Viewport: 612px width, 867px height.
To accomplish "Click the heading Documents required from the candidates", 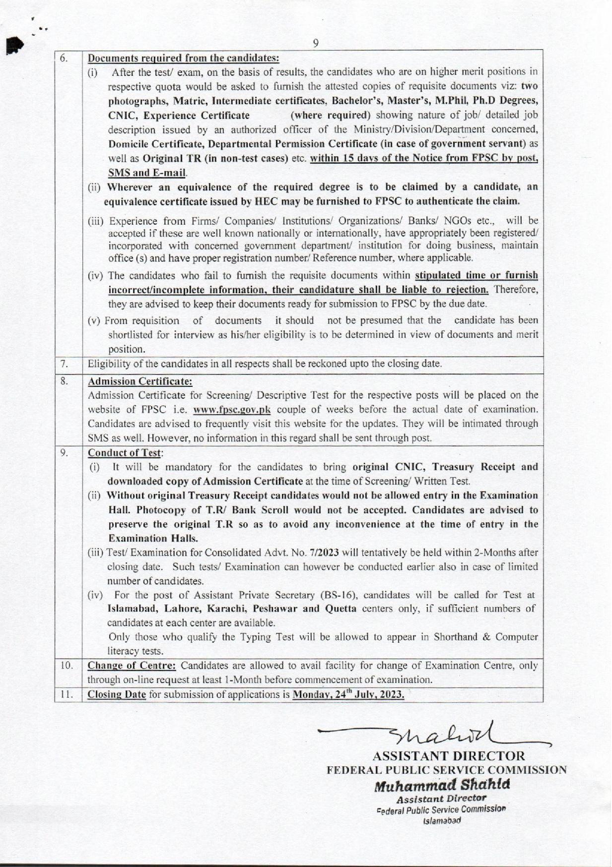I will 184,58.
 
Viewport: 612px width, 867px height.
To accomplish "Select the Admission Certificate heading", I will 140,381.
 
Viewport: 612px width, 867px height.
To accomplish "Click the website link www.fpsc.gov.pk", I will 232,410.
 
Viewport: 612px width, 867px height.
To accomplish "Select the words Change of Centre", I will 132,665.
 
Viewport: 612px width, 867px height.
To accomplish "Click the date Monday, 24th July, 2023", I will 348,694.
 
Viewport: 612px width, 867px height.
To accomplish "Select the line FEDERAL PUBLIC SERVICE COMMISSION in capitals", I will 446,770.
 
